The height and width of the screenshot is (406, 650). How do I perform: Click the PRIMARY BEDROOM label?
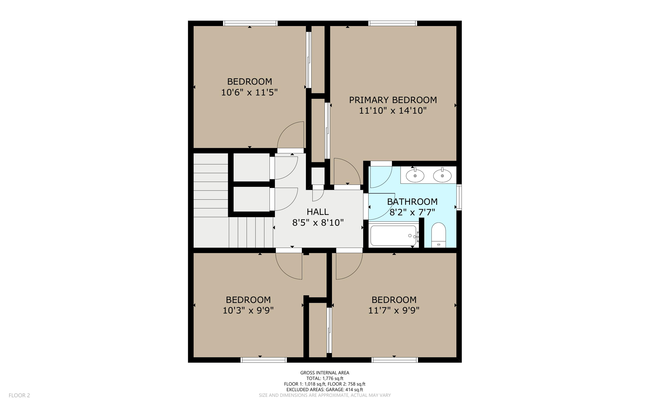tap(393, 100)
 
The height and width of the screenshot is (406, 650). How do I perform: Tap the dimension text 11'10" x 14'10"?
tap(393, 111)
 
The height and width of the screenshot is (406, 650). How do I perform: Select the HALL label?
tap(317, 212)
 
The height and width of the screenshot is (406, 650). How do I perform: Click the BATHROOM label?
tap(412, 202)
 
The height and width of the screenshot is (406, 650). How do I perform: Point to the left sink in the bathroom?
tap(415, 176)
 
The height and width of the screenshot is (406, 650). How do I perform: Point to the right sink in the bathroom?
tap(442, 176)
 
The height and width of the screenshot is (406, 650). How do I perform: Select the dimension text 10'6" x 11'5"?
tap(249, 92)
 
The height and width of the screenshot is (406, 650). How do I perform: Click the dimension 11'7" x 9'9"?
tap(394, 310)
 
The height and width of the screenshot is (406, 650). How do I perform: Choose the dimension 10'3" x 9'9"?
tap(248, 310)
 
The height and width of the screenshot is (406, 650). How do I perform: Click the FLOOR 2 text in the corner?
tap(19, 395)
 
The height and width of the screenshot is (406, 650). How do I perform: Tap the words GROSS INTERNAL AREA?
tap(324, 373)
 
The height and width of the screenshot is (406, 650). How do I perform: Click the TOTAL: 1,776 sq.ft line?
tap(324, 378)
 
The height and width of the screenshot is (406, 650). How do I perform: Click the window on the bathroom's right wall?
tap(459, 197)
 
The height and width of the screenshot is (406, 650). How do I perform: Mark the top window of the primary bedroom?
tap(392, 23)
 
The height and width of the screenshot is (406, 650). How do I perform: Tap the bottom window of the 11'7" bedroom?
tap(395, 360)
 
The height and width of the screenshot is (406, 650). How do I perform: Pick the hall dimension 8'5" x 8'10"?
tap(318, 223)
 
